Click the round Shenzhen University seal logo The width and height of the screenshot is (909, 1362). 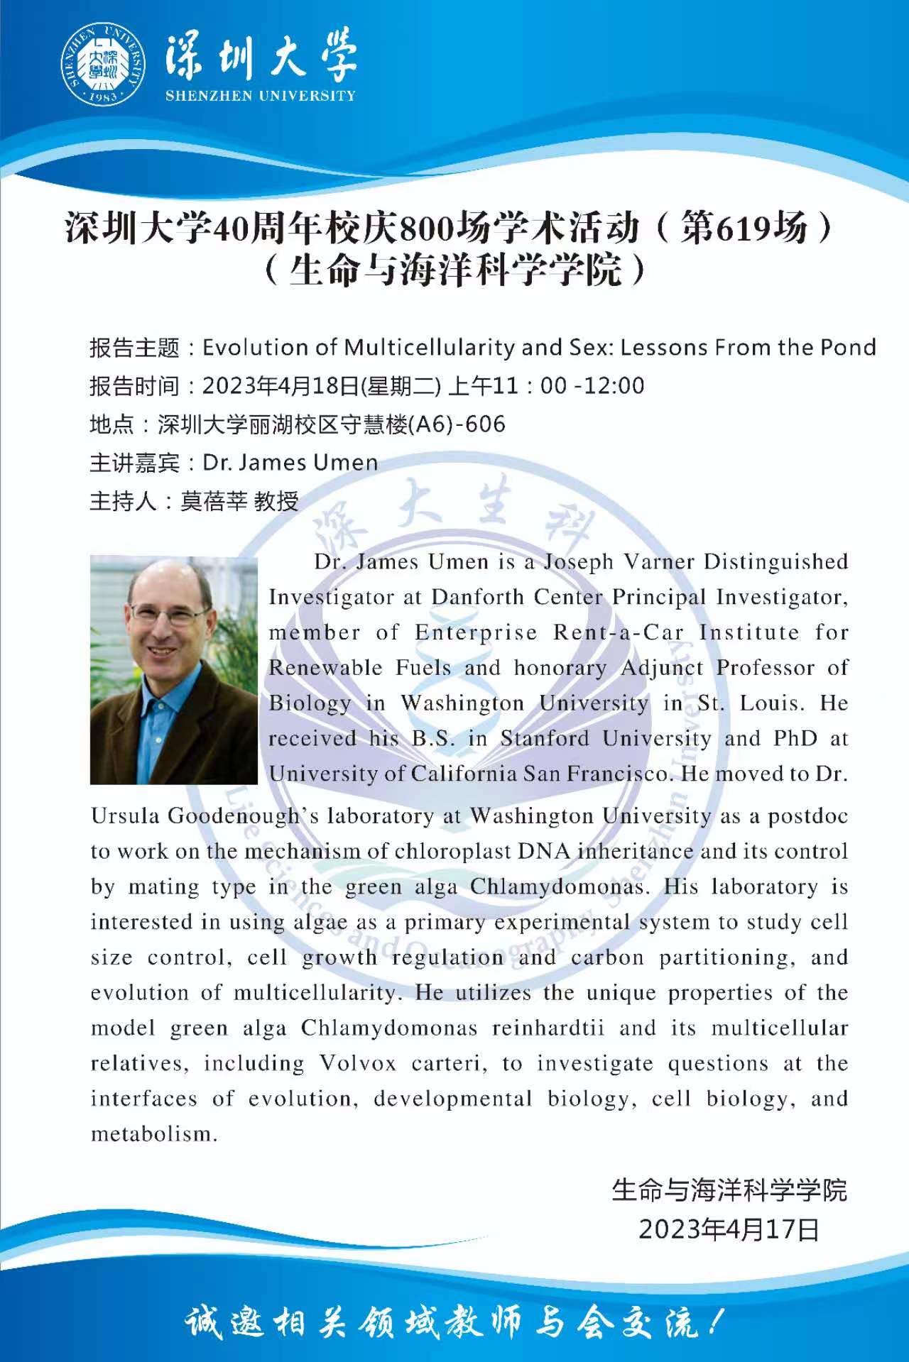click(x=104, y=65)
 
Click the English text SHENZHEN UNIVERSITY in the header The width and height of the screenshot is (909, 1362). click(x=260, y=96)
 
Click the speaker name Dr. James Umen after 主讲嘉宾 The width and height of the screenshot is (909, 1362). click(x=290, y=463)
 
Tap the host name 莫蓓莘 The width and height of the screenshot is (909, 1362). click(x=214, y=501)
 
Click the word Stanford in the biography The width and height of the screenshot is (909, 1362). click(x=544, y=739)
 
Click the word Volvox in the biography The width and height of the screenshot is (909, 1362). click(x=357, y=1064)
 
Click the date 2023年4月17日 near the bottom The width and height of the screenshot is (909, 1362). click(x=729, y=1229)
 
